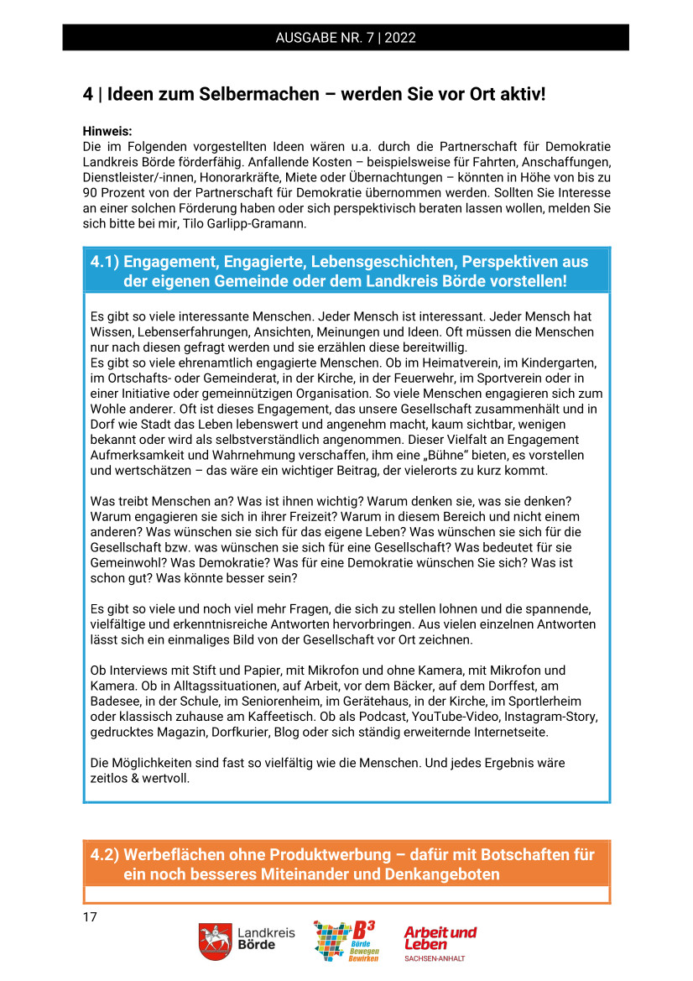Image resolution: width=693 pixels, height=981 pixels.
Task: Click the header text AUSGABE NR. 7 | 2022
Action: click(346, 38)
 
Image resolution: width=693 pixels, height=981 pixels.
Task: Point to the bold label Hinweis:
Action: click(108, 132)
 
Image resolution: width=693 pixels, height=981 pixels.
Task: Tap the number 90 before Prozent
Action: click(91, 192)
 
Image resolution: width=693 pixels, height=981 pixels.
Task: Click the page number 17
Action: click(90, 916)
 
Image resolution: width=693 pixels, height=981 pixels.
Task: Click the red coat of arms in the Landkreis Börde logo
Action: click(215, 942)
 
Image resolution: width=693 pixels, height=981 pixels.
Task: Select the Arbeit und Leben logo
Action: click(440, 942)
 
